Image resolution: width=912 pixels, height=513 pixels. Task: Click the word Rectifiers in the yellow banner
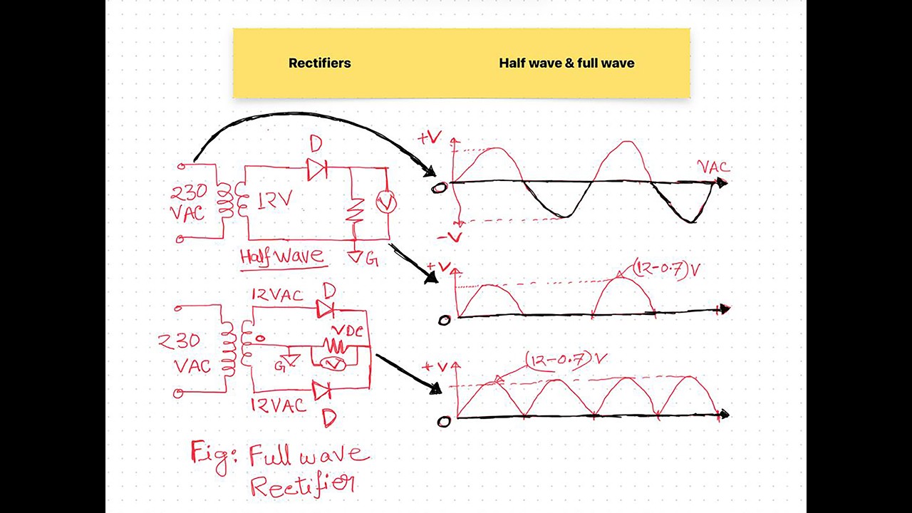point(320,63)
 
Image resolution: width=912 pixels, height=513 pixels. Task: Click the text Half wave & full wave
point(566,63)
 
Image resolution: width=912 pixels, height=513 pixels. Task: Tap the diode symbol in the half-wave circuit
point(317,169)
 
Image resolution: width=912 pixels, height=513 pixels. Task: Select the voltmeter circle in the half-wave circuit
point(385,202)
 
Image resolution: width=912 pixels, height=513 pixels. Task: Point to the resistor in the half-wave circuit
point(355,210)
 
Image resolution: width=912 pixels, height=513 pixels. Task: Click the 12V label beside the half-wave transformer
point(275,200)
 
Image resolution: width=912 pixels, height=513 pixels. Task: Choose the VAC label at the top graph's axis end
point(714,167)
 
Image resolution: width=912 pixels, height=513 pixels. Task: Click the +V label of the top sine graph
point(430,138)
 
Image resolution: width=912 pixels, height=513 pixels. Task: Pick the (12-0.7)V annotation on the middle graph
point(666,269)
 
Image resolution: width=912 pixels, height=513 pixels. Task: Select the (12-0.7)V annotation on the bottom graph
point(566,361)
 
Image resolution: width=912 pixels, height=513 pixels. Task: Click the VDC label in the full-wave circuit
point(347,331)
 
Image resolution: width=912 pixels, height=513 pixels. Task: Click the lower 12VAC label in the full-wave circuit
point(278,405)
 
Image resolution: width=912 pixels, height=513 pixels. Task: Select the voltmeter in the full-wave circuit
point(333,364)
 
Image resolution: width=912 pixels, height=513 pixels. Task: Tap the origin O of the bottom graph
point(444,421)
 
